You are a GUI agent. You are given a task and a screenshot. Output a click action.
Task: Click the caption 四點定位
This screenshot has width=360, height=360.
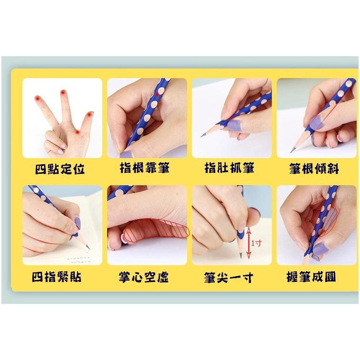click(60, 169)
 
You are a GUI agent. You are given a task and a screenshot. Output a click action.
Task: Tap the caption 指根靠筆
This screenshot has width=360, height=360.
click(145, 168)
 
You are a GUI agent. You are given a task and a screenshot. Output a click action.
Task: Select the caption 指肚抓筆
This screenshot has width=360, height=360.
click(230, 168)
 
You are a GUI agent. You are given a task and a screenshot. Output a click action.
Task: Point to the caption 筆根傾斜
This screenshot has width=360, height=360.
click(314, 169)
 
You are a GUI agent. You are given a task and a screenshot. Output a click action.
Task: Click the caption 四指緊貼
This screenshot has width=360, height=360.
click(57, 277)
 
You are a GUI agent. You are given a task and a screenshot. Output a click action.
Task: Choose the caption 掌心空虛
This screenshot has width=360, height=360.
click(144, 277)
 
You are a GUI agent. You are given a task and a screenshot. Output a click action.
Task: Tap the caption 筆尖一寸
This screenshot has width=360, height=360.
click(229, 278)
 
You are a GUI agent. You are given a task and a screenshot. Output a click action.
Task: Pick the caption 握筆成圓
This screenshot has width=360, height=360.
click(311, 277)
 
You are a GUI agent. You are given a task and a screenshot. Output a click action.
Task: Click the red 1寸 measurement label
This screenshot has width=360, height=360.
click(256, 243)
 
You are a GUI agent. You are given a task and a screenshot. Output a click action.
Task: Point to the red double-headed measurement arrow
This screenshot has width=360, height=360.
click(249, 242)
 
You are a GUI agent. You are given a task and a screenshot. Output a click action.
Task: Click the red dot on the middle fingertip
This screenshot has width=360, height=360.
click(63, 92)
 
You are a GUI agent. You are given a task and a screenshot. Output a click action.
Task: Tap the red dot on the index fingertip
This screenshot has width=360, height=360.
click(37, 98)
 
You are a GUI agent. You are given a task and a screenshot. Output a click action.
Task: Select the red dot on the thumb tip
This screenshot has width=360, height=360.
click(90, 114)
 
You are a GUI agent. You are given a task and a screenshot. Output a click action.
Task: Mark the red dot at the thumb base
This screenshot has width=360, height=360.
click(78, 132)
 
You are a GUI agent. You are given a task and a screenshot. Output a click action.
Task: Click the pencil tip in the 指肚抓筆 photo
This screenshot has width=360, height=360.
click(201, 136)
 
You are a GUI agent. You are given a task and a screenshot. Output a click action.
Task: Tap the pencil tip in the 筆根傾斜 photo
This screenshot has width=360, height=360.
click(291, 151)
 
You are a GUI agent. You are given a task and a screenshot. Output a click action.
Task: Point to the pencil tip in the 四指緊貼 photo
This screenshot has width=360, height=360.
click(89, 248)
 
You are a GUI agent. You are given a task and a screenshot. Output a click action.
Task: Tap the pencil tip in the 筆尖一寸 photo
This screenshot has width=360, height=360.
click(241, 256)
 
